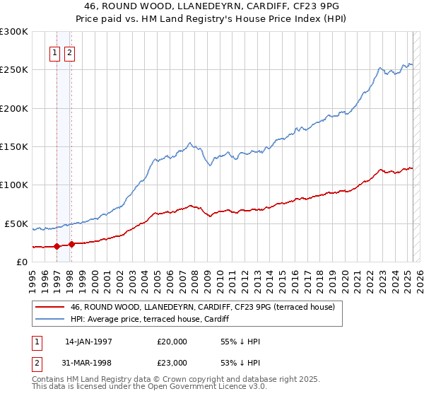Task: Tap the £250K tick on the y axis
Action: [14, 70]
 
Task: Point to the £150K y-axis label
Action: [14, 146]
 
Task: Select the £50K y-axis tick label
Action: [17, 223]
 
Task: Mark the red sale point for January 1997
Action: [57, 247]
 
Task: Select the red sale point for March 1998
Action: [72, 244]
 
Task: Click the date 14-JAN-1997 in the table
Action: [88, 342]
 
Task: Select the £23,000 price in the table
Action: [172, 362]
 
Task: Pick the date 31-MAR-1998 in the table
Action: [88, 362]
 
